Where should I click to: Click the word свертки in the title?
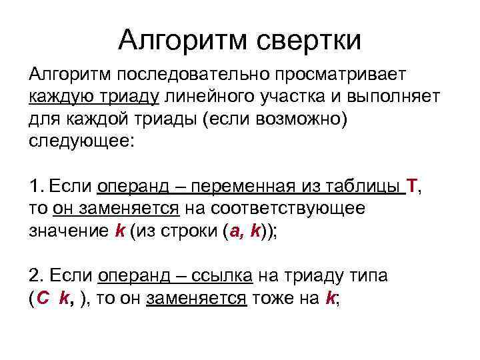pyautogui.click(x=307, y=41)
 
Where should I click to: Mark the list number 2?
pyautogui.click(x=36, y=275)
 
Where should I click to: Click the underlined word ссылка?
pyautogui.click(x=219, y=275)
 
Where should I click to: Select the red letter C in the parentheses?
pyautogui.click(x=43, y=299)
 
